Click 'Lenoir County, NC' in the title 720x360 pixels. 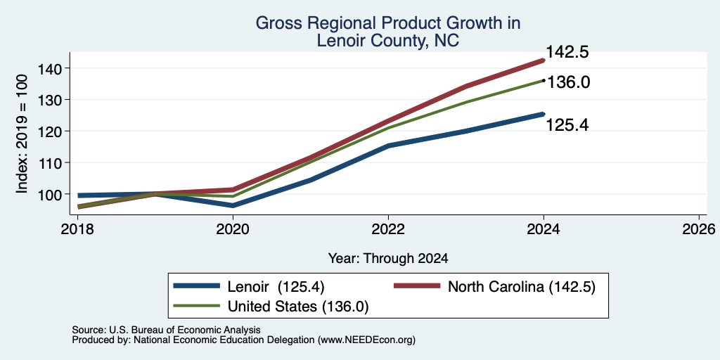click(387, 40)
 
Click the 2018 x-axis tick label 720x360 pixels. click(77, 229)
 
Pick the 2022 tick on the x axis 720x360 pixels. click(388, 229)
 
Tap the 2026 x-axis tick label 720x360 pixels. click(699, 229)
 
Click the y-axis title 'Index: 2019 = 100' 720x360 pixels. click(22, 134)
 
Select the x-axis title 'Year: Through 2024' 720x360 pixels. click(388, 259)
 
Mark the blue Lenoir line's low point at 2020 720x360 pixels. click(233, 206)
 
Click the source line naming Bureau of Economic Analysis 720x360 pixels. click(166, 330)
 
